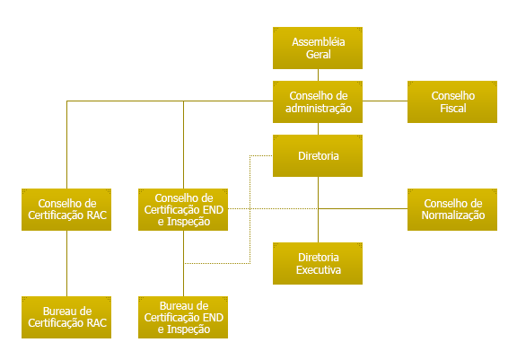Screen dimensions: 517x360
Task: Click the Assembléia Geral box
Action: pyautogui.click(x=318, y=48)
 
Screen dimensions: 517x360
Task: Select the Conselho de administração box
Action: pyautogui.click(x=318, y=101)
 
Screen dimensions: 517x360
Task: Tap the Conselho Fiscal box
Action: pyautogui.click(x=452, y=101)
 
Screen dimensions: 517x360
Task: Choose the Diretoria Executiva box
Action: pyautogui.click(x=318, y=263)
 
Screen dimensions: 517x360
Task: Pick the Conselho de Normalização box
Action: pyautogui.click(x=452, y=210)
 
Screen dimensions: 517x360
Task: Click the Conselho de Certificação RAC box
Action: pyautogui.click(x=66, y=210)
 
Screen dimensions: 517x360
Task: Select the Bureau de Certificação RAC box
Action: pyautogui.click(x=66, y=317)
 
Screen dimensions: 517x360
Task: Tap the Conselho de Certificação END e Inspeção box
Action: pyautogui.click(x=183, y=210)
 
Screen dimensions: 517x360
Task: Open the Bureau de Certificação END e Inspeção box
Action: pyautogui.click(x=183, y=317)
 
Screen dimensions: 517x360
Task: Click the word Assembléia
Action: pyautogui.click(x=318, y=42)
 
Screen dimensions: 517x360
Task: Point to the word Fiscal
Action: pyautogui.click(x=453, y=108)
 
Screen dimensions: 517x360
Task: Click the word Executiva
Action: pyautogui.click(x=318, y=270)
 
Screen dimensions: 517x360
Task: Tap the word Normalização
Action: pyautogui.click(x=453, y=215)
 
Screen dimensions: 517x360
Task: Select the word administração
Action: pyautogui.click(x=318, y=109)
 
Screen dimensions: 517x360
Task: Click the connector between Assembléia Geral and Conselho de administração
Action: pyautogui.click(x=318, y=75)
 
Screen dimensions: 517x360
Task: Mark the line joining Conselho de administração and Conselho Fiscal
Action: pyautogui.click(x=385, y=101)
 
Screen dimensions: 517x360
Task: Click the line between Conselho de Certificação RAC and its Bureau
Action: pyautogui.click(x=67, y=263)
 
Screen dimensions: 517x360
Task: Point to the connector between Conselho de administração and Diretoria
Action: pyautogui.click(x=318, y=128)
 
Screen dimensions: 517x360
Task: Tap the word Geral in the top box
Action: pyautogui.click(x=318, y=55)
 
